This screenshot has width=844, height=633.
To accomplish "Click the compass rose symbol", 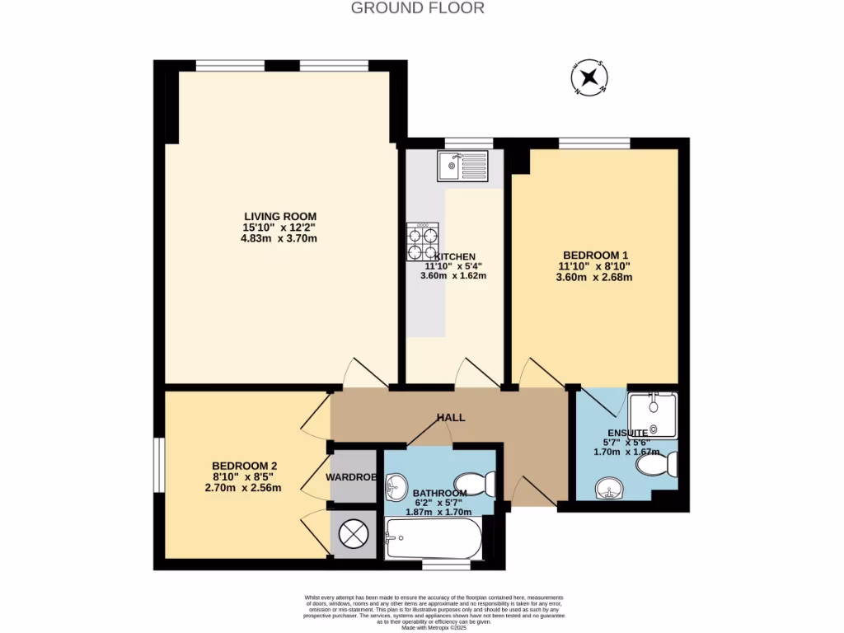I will [589, 77].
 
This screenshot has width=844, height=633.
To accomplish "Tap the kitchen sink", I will [464, 166].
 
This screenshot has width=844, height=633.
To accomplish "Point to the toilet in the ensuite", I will [657, 466].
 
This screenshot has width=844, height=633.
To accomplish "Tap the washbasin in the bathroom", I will [398, 485].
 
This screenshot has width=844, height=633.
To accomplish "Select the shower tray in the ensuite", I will [653, 415].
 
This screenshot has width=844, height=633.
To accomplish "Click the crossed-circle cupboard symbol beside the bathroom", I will [353, 533].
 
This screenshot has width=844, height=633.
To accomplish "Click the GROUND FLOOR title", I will [417, 8].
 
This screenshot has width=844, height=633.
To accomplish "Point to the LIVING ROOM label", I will [280, 217].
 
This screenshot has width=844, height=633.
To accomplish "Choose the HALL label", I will [451, 418].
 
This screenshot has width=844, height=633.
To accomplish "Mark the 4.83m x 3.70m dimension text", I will [280, 239].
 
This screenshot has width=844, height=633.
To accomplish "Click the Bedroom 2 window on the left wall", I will [158, 465].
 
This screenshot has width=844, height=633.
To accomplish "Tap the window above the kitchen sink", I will [468, 143].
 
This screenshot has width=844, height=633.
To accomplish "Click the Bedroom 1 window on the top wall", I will [594, 143].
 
